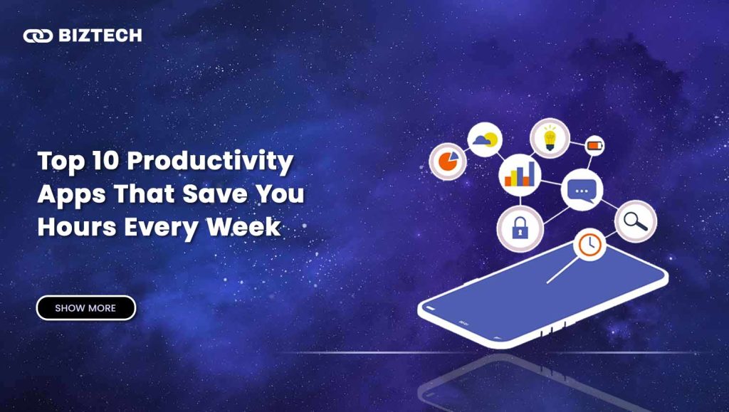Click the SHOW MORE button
click(x=86, y=308)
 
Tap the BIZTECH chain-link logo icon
click(x=38, y=36)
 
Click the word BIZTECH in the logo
click(x=100, y=36)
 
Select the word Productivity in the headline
click(x=210, y=162)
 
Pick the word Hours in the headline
click(x=77, y=227)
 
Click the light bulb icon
click(x=550, y=138)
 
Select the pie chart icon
click(x=448, y=162)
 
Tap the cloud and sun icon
click(x=485, y=139)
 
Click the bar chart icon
click(x=520, y=175)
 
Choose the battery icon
click(x=594, y=145)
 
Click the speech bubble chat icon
click(x=582, y=190)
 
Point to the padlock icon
click(x=520, y=229)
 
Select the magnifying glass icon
click(x=636, y=221)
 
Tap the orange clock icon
click(x=590, y=244)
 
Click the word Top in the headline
click(x=61, y=162)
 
